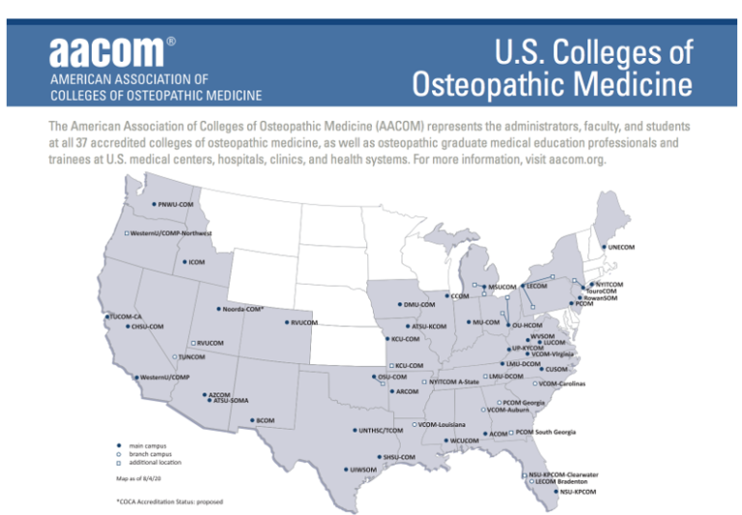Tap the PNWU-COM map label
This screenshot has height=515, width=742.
177,205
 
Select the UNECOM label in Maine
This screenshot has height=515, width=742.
621,247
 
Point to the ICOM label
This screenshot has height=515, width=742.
196,262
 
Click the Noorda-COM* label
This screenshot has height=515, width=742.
243,309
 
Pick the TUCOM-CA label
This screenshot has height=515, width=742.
126,317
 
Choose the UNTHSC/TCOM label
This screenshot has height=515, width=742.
381,430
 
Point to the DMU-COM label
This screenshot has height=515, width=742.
420,304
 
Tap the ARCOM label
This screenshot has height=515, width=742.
407,391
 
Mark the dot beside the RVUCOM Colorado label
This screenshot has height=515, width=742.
287,322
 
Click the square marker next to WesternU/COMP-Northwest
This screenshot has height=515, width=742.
128,233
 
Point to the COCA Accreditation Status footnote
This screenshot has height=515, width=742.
169,502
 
